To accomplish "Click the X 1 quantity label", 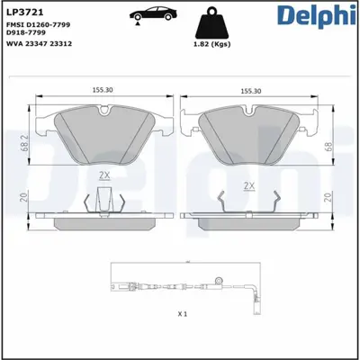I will [x=183, y=314].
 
